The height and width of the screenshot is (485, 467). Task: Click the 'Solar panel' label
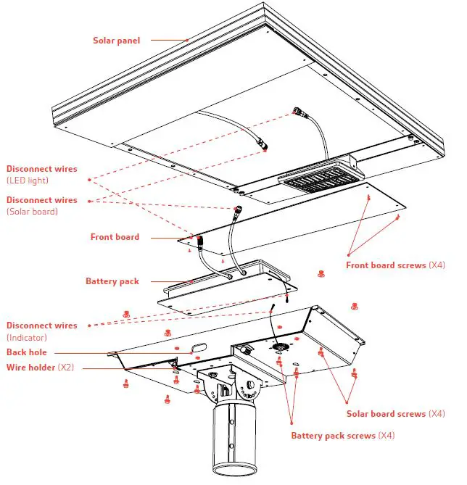point(116,40)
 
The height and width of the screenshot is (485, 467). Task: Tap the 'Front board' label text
point(115,237)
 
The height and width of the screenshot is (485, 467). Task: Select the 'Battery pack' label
point(112,281)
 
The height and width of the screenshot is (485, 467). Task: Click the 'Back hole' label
point(27,352)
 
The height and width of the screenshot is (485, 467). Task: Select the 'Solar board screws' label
point(386,414)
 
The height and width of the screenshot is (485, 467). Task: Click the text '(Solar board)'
point(32,212)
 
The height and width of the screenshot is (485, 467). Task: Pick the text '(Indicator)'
point(28,338)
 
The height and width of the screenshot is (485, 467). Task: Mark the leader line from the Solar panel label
point(168,40)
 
